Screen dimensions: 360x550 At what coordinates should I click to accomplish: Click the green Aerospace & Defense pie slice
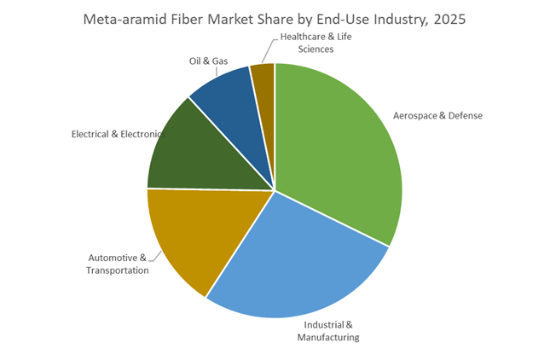[x=341, y=145]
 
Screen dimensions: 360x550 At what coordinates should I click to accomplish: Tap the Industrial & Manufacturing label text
[x=328, y=331]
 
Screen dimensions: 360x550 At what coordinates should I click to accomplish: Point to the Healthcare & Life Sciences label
[x=316, y=43]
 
